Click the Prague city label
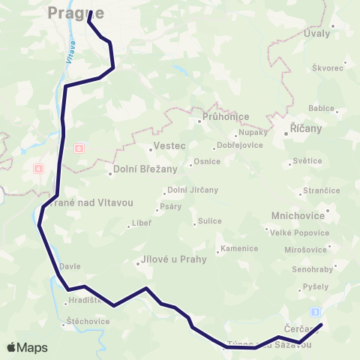pos(75,12)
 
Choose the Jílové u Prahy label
pos(169,261)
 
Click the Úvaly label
pos(317,34)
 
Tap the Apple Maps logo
pos(27,347)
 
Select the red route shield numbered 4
pos(37,168)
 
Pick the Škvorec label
pos(328,67)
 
